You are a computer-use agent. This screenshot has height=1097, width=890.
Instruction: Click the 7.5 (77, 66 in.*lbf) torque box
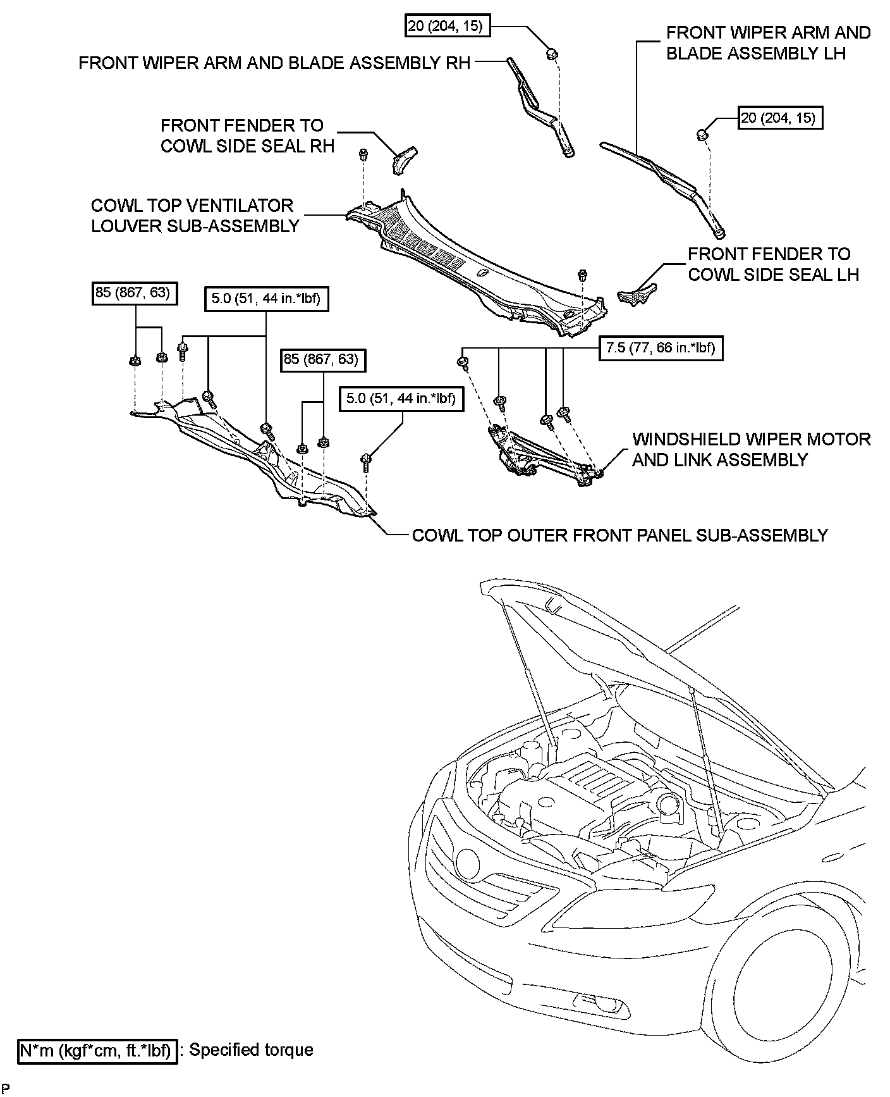coord(660,348)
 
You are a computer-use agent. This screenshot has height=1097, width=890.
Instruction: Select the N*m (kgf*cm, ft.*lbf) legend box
coord(97,1051)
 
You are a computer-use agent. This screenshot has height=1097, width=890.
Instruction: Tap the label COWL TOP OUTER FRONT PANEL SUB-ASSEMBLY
coord(619,535)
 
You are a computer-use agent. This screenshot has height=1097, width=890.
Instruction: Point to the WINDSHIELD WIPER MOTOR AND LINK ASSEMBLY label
coord(752,449)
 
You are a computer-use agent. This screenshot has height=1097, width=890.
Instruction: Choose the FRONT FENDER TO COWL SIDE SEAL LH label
coord(773,264)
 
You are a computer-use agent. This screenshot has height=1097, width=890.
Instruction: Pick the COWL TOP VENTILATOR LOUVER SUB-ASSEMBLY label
coord(195,216)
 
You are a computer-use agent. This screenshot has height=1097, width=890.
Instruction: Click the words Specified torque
coord(252,1050)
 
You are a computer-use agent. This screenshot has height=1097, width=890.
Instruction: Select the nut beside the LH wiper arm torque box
coord(702,134)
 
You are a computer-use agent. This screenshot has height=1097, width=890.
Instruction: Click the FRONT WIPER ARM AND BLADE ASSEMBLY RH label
coord(274,63)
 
